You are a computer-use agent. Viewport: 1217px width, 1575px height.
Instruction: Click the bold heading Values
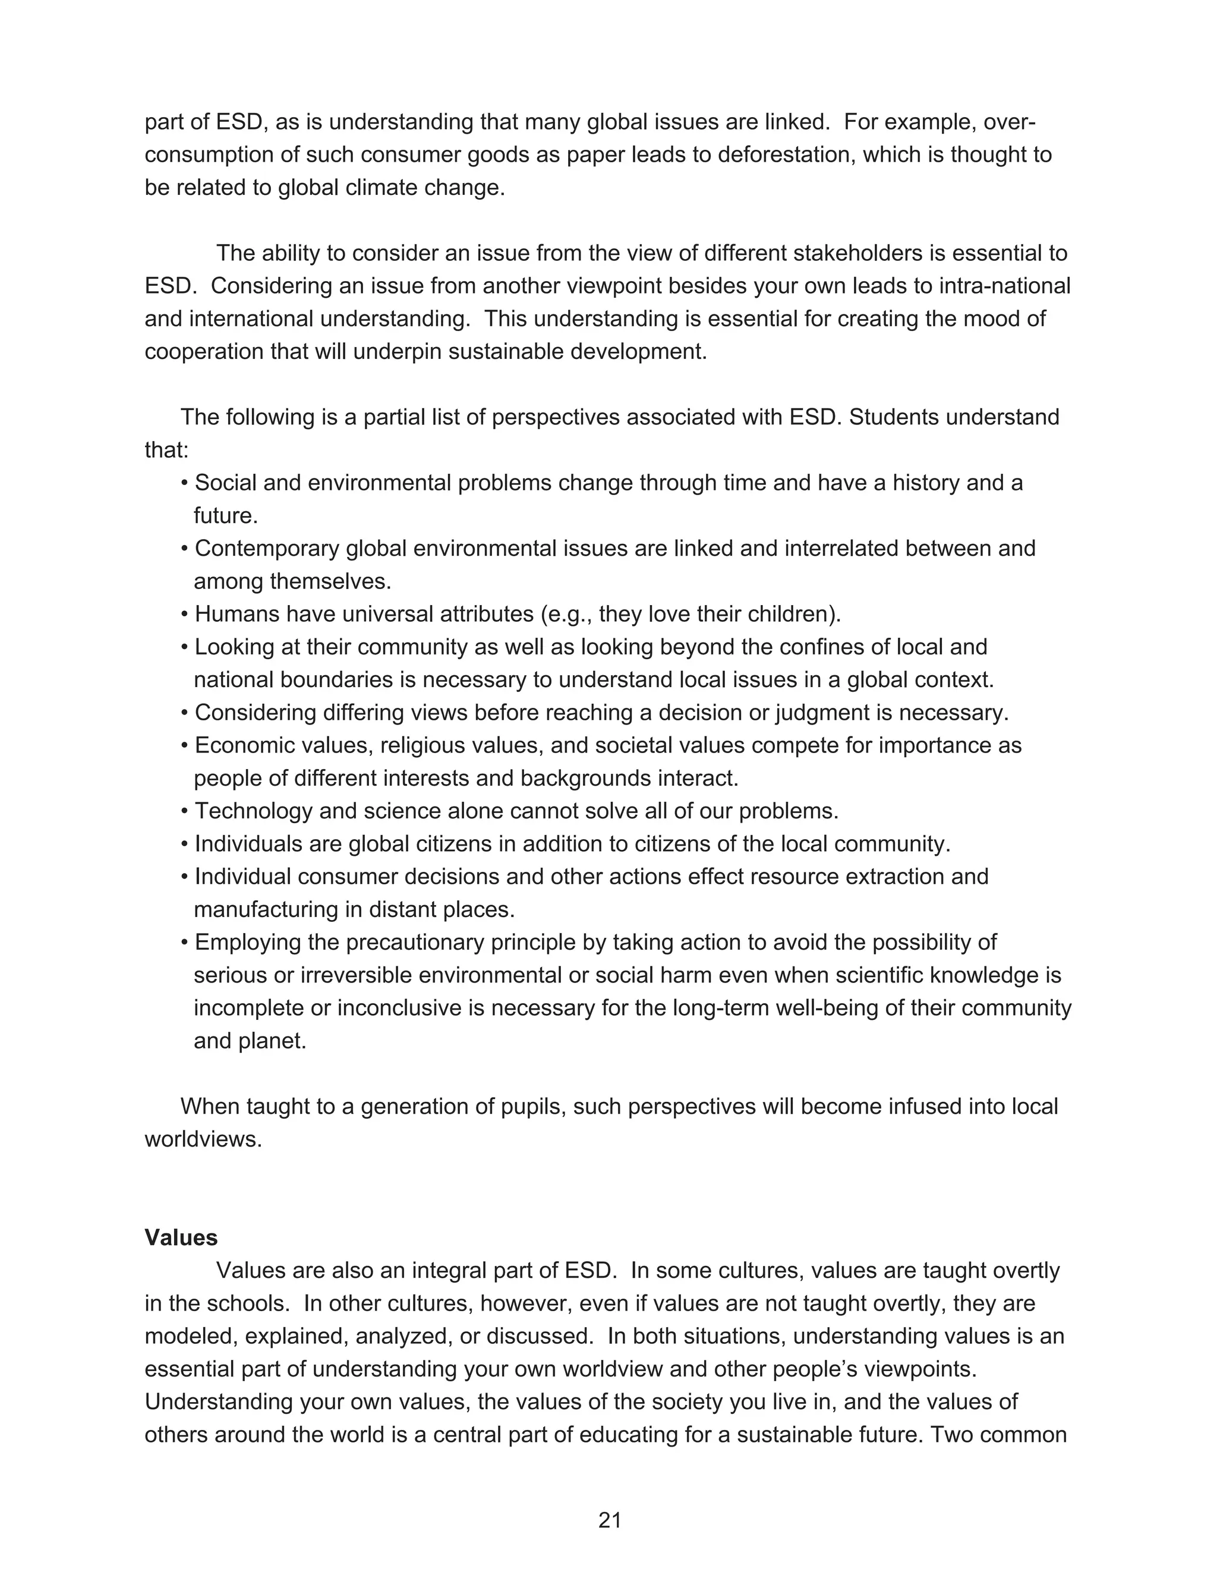(x=181, y=1237)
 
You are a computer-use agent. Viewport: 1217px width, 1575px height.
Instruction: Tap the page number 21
(x=609, y=1520)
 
